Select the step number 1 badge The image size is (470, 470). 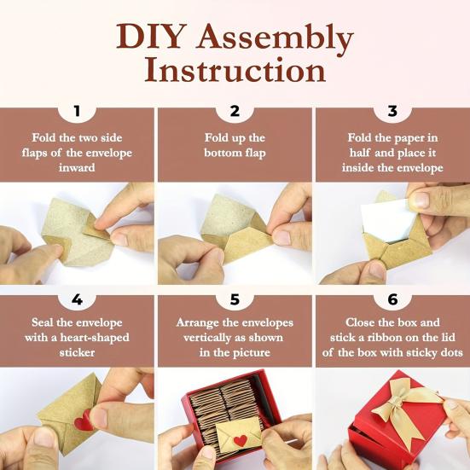pos(77,111)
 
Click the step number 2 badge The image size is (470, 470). pos(235,111)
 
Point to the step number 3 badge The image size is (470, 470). pos(392,111)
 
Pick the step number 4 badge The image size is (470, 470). pos(77,299)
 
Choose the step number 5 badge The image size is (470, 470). pos(235,299)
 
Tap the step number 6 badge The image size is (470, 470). pos(392,299)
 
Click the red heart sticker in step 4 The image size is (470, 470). pos(83,422)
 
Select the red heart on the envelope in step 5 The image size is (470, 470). pos(241,440)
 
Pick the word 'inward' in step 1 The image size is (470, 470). pos(77,168)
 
